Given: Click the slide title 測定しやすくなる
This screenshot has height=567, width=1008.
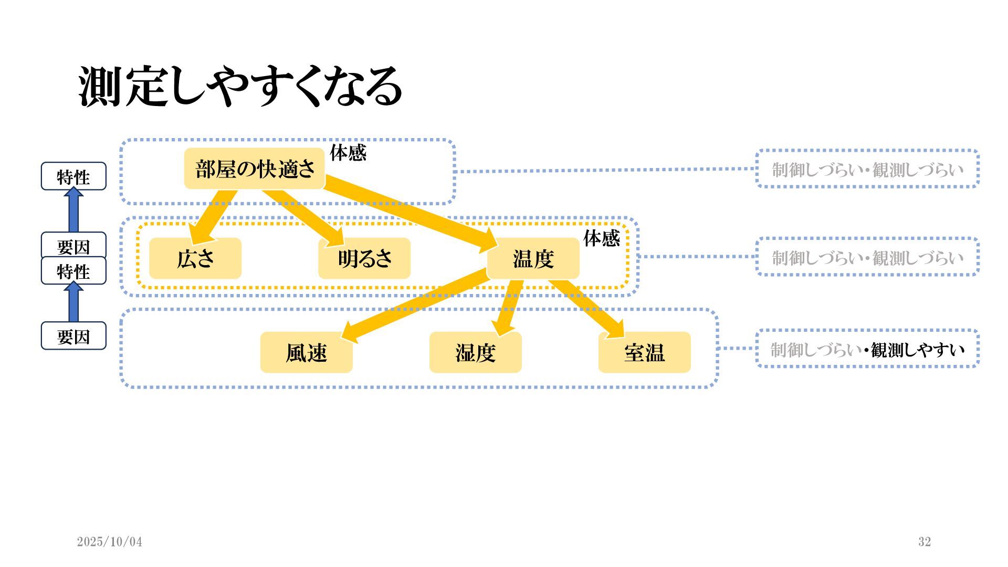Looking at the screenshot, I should pos(240,87).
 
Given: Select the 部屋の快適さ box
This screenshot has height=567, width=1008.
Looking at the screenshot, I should pos(255,169).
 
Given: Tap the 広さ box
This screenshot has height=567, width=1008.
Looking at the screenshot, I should pos(195,258).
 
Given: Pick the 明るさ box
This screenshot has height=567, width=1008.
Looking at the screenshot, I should pos(364,258).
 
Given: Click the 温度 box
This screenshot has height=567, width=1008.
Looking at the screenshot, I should pos(533,258).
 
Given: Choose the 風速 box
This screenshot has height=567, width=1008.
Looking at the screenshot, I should pos(307,352).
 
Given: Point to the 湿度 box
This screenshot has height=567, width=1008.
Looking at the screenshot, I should pos(476,352).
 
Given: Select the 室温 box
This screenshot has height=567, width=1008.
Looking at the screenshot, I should pos(645,352).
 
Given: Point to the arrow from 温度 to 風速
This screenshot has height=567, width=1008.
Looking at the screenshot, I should pos(415,303).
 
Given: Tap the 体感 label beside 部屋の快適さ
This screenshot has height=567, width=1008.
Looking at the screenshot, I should pos(348,153).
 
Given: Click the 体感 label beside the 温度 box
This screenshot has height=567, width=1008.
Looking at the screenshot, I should pos(602,239).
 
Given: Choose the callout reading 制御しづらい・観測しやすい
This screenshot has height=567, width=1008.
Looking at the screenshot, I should pos(867,349).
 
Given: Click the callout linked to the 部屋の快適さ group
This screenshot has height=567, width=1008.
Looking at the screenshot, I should pos(867,169).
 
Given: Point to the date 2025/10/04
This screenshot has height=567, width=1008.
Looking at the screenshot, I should pos(109,542).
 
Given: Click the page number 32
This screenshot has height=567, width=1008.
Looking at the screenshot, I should pos(925,542).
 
